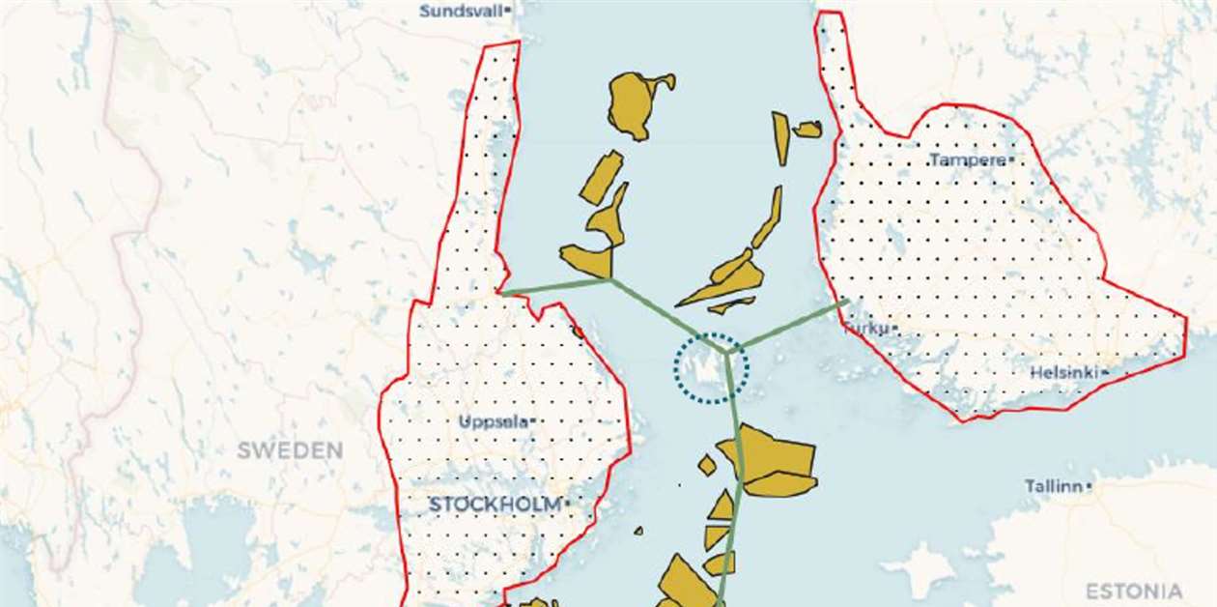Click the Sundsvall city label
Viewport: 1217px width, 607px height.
coord(462,12)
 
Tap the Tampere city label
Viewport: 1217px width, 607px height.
coord(966,160)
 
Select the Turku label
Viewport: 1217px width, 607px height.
coord(866,329)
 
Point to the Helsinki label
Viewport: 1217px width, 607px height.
coord(1063,372)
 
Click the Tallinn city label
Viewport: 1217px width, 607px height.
coord(1053,486)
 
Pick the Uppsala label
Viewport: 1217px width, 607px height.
coord(493,421)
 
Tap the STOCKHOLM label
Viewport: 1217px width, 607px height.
coord(495,505)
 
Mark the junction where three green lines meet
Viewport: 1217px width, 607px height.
coord(725,350)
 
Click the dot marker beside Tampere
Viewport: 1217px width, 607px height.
coord(1011,159)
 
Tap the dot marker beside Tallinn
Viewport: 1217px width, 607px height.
coord(1089,486)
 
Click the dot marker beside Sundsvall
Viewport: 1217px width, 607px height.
coord(508,11)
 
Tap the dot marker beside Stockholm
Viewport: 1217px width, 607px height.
coord(568,503)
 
